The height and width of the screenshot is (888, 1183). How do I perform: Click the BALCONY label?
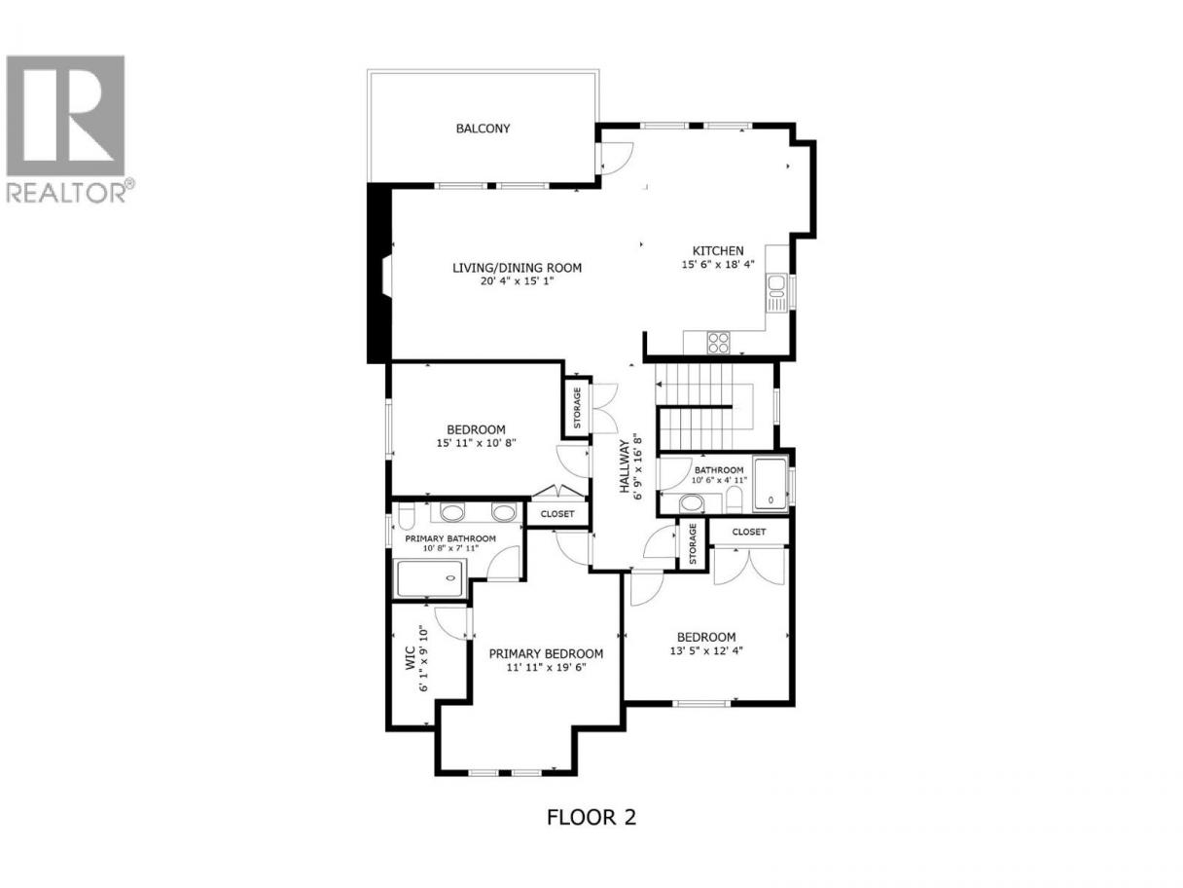(x=483, y=129)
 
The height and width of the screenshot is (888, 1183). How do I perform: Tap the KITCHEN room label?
(x=717, y=250)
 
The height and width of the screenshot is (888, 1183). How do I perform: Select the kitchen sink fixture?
(x=776, y=292)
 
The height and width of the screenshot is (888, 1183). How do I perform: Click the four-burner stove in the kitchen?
(x=718, y=343)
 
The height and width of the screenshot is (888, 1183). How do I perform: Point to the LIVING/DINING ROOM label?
(x=517, y=268)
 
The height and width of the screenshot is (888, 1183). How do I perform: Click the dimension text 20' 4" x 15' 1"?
(x=517, y=280)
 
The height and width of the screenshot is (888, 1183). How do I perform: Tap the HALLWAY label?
(x=625, y=466)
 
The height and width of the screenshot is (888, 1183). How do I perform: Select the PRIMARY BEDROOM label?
(x=546, y=653)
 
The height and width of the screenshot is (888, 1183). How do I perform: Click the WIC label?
(x=411, y=658)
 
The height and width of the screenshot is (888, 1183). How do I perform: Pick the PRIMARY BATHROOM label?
(x=450, y=538)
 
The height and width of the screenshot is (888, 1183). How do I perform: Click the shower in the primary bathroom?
(x=430, y=578)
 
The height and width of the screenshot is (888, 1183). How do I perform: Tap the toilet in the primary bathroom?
(x=406, y=516)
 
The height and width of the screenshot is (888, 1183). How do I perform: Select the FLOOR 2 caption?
(x=591, y=817)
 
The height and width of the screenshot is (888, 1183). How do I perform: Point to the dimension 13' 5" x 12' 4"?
(x=706, y=650)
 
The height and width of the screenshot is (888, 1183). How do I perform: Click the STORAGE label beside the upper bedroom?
(x=577, y=408)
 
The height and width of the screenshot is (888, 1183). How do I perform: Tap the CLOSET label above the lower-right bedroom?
(x=748, y=532)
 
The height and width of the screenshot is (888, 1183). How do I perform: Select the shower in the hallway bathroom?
(x=771, y=484)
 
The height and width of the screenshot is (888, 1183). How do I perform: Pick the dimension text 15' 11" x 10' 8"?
(x=476, y=443)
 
